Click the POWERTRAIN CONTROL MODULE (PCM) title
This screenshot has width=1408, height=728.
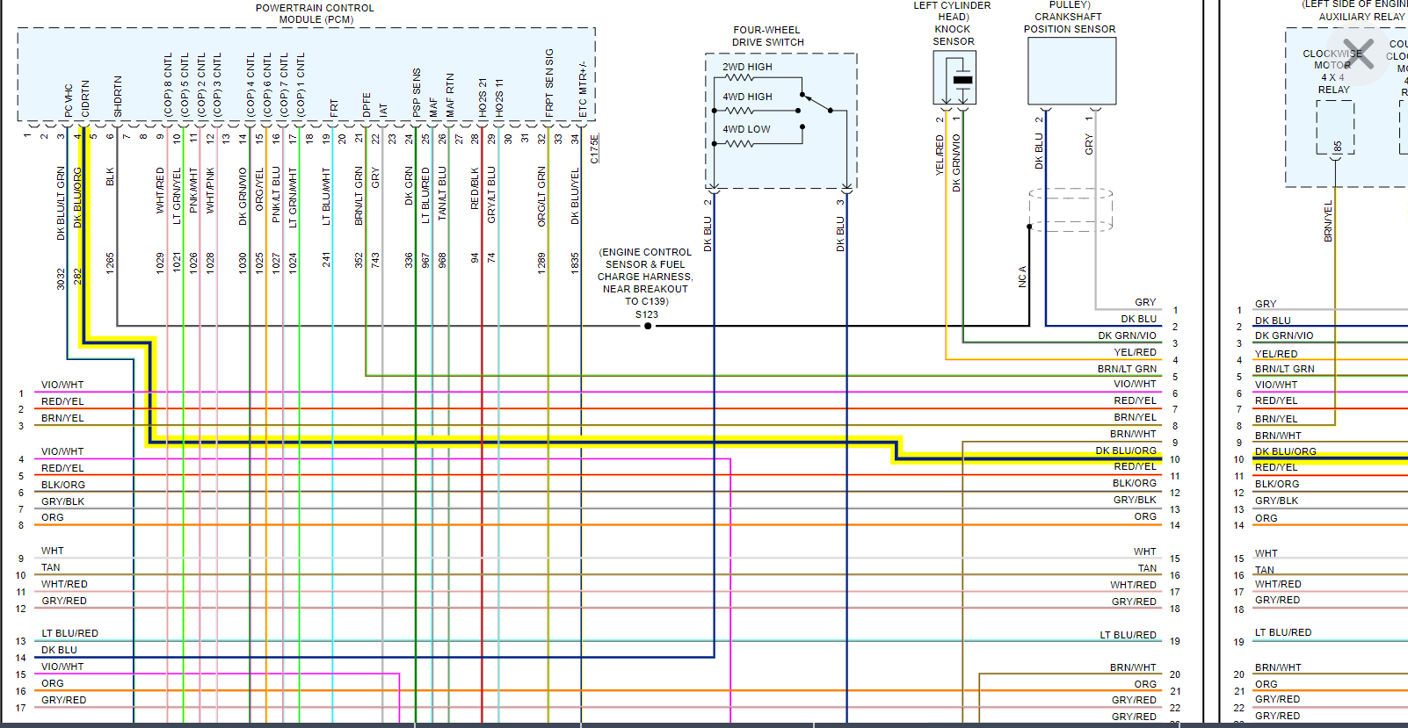click(315, 13)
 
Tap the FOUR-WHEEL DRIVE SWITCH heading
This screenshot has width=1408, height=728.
click(767, 36)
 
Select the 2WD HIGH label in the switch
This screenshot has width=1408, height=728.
click(747, 67)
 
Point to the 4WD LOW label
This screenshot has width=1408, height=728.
click(746, 129)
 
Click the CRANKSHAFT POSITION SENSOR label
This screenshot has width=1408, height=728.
click(1069, 23)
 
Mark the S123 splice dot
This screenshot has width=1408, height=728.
click(648, 326)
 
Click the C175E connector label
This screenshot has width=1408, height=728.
click(595, 148)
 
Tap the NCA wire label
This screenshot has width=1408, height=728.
click(1022, 277)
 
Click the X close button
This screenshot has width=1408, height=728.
click(1358, 54)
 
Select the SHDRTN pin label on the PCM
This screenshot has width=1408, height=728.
click(118, 96)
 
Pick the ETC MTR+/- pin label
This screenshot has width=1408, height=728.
click(583, 89)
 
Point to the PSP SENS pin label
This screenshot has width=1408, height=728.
click(417, 92)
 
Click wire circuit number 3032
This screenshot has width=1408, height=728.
click(61, 279)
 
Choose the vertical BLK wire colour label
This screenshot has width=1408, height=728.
click(111, 177)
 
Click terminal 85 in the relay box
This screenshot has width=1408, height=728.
click(1338, 146)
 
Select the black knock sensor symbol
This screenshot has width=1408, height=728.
click(962, 80)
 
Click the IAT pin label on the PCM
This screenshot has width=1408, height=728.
click(383, 110)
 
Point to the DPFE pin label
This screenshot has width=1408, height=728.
click(367, 105)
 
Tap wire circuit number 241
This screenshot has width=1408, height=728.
click(326, 260)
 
